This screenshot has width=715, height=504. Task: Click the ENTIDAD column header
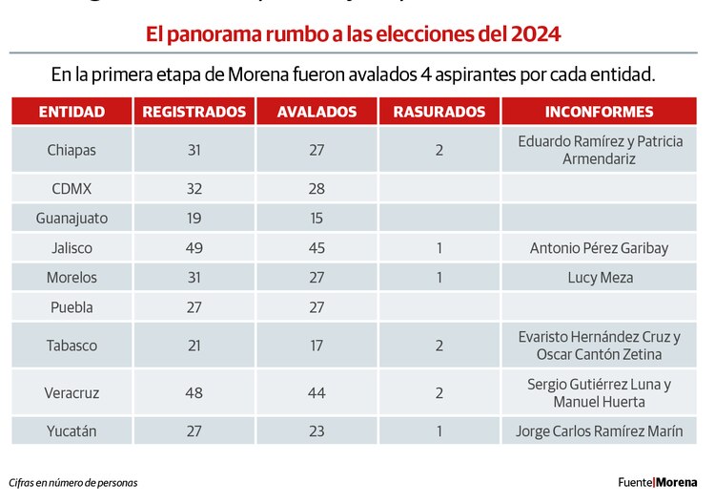[x=71, y=112]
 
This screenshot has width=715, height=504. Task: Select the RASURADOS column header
[x=439, y=112]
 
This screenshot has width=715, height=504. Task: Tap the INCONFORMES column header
[x=600, y=112]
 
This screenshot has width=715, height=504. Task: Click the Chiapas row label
[x=71, y=150]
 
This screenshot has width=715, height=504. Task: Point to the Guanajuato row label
[x=71, y=218]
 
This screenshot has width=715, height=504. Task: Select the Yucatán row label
[x=71, y=430]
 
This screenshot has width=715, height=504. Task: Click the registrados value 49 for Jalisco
[x=194, y=248]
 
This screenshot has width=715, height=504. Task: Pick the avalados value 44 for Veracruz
[x=317, y=392]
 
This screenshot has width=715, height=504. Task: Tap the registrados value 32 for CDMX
[x=194, y=188]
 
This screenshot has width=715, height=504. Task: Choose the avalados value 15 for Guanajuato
[x=317, y=218]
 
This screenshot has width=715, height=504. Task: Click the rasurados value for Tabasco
[x=439, y=346]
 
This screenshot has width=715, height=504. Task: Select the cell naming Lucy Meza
[x=600, y=278]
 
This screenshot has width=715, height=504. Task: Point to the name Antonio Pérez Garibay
[x=600, y=248]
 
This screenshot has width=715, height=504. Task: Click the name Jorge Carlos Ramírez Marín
[x=600, y=430]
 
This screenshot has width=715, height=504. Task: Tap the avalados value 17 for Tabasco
[x=317, y=346]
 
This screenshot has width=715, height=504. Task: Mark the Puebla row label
[x=71, y=307]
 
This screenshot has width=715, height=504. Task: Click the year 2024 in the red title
[x=536, y=35]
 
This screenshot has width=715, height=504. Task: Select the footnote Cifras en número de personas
[x=73, y=482]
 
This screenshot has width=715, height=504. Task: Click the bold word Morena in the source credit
[x=679, y=482]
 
